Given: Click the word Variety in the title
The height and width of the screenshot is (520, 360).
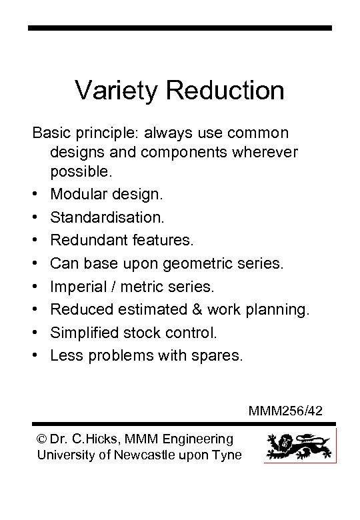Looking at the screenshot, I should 115,90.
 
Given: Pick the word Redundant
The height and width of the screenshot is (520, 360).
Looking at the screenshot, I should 89,240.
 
